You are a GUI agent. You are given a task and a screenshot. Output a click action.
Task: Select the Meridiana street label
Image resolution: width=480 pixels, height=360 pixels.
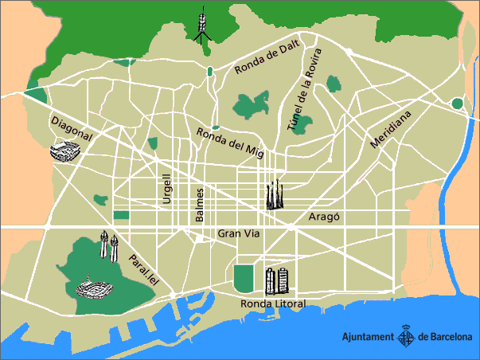(391, 130)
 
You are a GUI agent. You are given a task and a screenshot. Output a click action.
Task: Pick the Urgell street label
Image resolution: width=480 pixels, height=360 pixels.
(167, 189)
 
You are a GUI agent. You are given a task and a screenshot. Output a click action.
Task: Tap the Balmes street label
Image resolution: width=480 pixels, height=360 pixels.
(201, 205)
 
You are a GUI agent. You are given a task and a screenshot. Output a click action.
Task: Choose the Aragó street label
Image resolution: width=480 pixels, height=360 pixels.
(324, 217)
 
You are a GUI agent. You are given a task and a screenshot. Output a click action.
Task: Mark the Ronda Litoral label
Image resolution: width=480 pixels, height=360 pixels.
(272, 304)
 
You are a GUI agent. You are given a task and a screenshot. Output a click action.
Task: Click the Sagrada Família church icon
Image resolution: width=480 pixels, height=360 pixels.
(275, 194)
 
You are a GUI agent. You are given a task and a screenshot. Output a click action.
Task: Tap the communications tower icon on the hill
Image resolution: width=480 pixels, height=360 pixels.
(202, 24)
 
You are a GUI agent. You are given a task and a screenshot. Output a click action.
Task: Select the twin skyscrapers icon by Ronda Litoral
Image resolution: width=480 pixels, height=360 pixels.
(275, 280)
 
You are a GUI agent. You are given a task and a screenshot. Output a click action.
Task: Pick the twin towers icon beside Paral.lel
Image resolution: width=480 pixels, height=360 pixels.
(108, 245)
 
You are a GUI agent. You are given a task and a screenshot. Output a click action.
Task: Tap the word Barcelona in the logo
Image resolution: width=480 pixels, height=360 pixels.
(451, 338)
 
